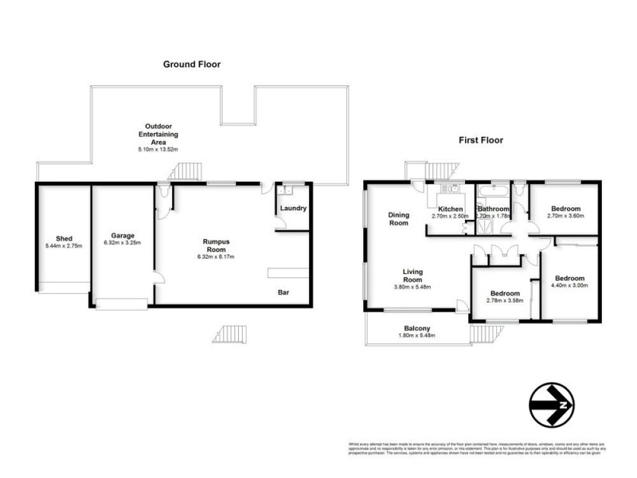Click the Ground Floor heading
tap(192, 64)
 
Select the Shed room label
tap(64, 238)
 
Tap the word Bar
tap(283, 293)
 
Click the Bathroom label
tap(493, 209)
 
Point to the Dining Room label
tap(398, 218)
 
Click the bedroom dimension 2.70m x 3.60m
tap(565, 216)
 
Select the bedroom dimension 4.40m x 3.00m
tap(569, 284)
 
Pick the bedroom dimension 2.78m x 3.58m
tap(505, 300)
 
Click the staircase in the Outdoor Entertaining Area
tap(186, 170)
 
